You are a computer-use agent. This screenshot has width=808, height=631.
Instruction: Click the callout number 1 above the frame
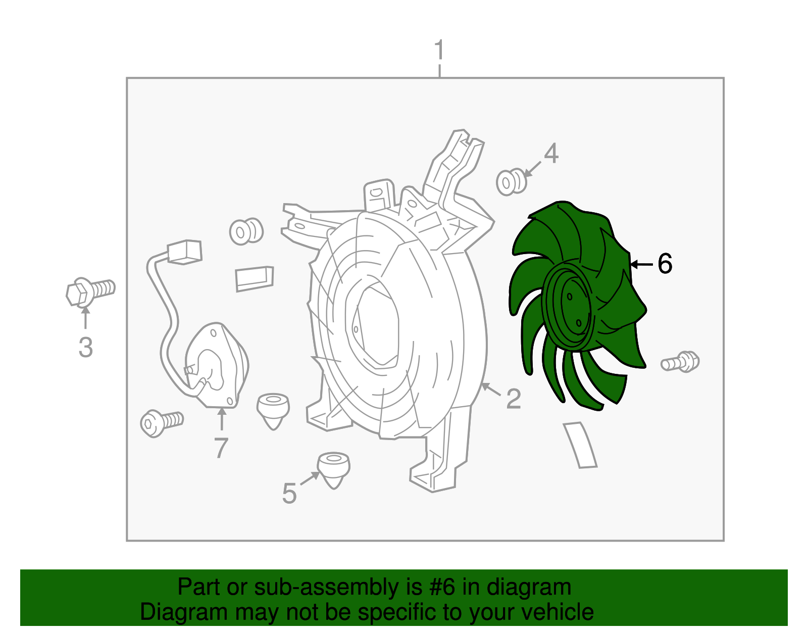pos(439,50)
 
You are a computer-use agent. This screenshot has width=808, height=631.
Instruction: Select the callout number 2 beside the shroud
pos(514,399)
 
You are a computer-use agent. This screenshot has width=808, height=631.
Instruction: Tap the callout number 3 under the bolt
pos(85,347)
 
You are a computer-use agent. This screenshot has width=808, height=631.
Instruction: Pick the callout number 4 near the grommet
pos(551,153)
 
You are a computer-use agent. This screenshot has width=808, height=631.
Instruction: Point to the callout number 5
pos(289,494)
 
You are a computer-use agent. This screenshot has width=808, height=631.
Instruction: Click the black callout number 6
pos(665,264)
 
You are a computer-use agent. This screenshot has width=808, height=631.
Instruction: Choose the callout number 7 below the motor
pos(221,448)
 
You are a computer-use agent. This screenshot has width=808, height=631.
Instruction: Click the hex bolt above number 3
pos(91,292)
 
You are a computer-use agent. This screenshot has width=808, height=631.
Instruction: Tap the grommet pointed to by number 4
pos(511,182)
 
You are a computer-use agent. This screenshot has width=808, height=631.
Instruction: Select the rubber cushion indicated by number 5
pos(333,470)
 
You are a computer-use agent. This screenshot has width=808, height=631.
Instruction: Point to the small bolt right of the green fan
pos(680,361)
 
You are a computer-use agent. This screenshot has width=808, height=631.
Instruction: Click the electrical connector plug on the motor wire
pos(184,252)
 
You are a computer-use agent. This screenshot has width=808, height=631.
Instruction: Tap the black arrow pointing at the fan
pos(642,264)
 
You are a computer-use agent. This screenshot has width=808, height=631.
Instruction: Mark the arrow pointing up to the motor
pos(222,419)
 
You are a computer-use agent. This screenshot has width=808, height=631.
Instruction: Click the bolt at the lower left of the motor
pos(162,423)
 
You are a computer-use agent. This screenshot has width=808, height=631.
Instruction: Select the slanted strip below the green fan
pos(580,445)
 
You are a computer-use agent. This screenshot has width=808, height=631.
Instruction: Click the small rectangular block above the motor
pos(255,278)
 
